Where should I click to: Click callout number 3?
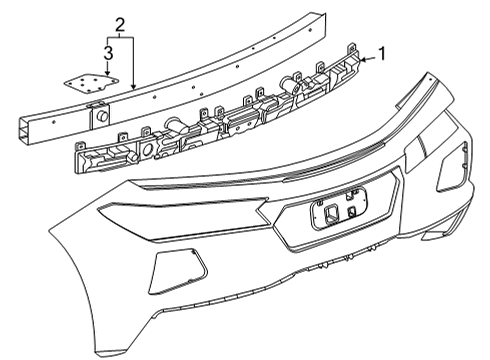coord(107,52)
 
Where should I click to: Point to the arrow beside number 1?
coord(366,58)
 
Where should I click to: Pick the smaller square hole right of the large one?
coord(352,212)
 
